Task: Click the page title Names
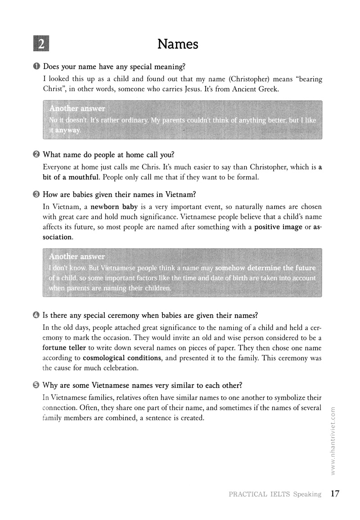point(178,44)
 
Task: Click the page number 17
point(334,494)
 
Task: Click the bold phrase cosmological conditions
point(121,358)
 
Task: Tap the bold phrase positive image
point(278,227)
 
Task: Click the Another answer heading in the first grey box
point(77,108)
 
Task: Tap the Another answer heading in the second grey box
point(77,256)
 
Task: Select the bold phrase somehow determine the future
point(265,268)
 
